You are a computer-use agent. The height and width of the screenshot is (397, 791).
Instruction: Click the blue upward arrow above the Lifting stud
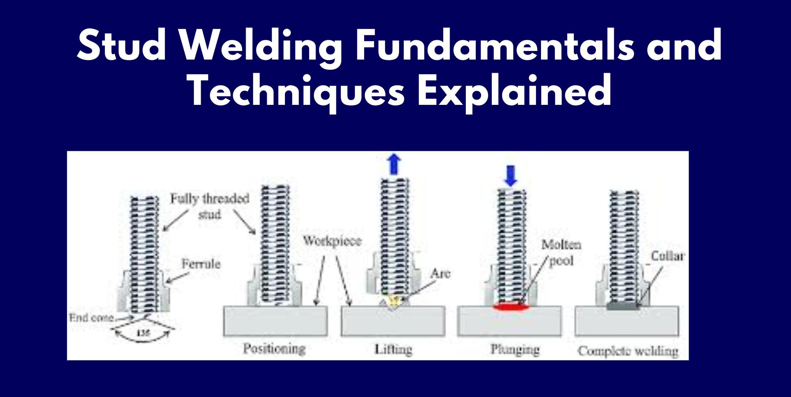click(x=393, y=165)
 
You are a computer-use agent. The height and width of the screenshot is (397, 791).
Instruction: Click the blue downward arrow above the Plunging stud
click(x=511, y=177)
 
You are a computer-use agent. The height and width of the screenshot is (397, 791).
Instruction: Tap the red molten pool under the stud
click(x=510, y=306)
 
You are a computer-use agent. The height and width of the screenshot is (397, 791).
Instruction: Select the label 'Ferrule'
click(x=201, y=264)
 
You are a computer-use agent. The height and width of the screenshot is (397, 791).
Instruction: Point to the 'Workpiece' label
click(x=332, y=241)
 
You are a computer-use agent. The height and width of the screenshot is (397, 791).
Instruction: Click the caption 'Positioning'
click(x=274, y=348)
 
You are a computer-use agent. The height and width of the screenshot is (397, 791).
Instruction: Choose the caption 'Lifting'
click(x=393, y=349)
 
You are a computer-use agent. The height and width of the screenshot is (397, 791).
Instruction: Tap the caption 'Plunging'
click(x=515, y=349)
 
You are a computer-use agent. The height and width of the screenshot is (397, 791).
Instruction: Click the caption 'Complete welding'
click(x=628, y=351)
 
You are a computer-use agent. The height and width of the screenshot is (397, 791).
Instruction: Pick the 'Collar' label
click(x=668, y=256)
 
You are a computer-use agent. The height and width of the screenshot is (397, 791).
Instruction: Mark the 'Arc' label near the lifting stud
click(x=440, y=274)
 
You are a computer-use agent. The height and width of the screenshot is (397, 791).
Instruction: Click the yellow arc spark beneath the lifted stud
click(x=394, y=301)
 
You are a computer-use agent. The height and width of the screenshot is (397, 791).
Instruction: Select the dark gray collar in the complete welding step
click(x=622, y=306)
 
